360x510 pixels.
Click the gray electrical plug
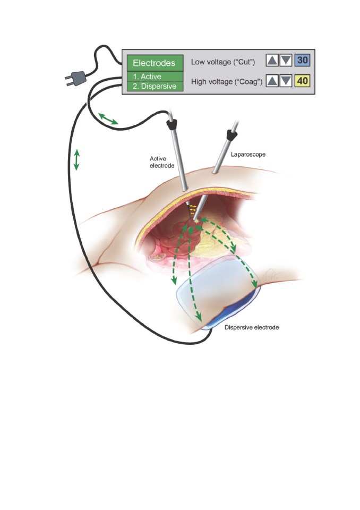(x=76, y=79)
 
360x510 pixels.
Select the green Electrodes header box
(x=155, y=63)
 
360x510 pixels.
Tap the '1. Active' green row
(x=155, y=76)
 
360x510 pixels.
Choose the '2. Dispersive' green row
(x=155, y=86)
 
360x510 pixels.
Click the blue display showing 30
(x=303, y=61)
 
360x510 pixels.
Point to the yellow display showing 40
(x=303, y=81)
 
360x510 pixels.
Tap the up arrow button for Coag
(x=272, y=81)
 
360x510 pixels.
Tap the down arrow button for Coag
(x=286, y=81)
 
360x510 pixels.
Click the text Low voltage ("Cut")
(x=223, y=62)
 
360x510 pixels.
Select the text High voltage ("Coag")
(x=227, y=82)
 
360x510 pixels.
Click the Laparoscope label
(x=248, y=154)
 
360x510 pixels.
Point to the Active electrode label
(x=162, y=162)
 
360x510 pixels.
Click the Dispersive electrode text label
(x=252, y=328)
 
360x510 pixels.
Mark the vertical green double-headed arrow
(x=76, y=160)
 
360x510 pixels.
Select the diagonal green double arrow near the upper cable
(x=108, y=118)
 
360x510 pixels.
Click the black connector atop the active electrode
(x=172, y=124)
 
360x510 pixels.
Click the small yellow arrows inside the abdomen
(x=193, y=209)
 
